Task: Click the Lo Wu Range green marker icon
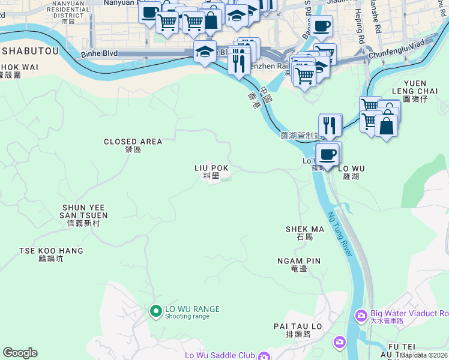155,311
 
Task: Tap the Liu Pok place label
211,171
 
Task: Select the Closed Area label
133,145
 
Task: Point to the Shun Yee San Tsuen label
84,215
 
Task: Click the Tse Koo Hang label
51,254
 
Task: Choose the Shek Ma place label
305,232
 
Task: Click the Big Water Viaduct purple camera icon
361,314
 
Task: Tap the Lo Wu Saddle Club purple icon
264,356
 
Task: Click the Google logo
20,353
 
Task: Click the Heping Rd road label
361,21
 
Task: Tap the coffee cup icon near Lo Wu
327,155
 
